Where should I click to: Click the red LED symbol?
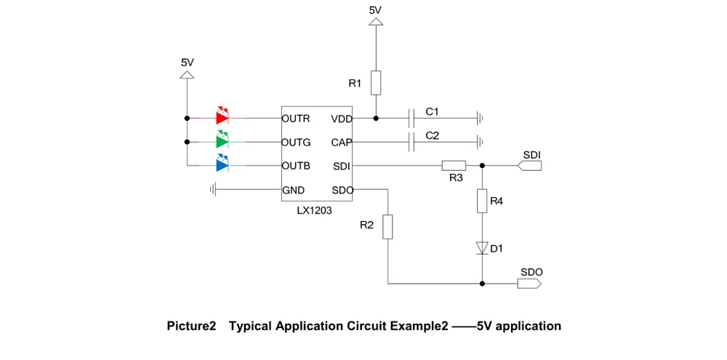click(x=222, y=117)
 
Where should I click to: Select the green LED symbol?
click(x=222, y=141)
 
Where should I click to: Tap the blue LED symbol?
click(x=222, y=165)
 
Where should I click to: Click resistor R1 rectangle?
click(x=376, y=83)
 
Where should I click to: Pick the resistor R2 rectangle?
click(x=388, y=226)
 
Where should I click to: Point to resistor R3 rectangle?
click(x=454, y=165)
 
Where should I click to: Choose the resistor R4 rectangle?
click(x=481, y=201)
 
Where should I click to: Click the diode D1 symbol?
click(x=481, y=248)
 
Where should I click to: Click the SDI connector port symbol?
click(x=530, y=166)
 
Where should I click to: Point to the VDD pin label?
click(x=341, y=119)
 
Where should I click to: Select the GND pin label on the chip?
click(x=294, y=191)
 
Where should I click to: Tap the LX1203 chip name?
click(x=315, y=210)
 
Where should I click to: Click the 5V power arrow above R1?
click(x=376, y=22)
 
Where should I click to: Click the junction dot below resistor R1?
click(x=376, y=117)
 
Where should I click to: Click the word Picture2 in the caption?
click(x=192, y=327)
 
